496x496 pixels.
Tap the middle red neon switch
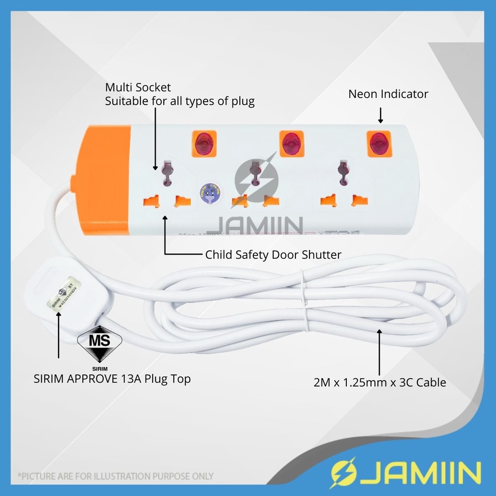(x=291, y=144)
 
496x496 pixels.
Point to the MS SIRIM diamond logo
(x=100, y=343)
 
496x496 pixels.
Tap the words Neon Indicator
(x=388, y=94)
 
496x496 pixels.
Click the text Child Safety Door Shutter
(x=273, y=254)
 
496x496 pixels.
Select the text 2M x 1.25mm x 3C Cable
(x=379, y=383)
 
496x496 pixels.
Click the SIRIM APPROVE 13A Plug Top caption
(x=112, y=379)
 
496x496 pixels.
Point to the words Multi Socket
(x=138, y=88)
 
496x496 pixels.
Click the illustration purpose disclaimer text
(x=116, y=476)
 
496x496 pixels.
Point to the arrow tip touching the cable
(x=379, y=331)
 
